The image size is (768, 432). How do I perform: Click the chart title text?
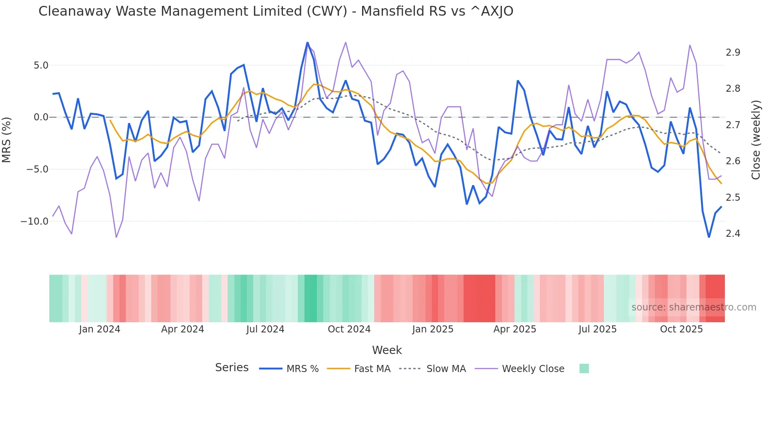click(275, 11)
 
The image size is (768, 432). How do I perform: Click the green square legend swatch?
click(584, 368)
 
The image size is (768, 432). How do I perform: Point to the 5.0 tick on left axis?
click(41, 65)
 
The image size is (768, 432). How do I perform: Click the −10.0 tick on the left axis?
click(34, 221)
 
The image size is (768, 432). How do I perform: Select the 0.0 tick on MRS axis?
click(41, 117)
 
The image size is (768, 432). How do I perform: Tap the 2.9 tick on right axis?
click(733, 53)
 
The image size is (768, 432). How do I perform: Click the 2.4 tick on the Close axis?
click(733, 234)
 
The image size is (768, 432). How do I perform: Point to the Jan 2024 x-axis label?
click(100, 329)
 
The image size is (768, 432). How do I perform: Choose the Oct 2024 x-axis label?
click(349, 329)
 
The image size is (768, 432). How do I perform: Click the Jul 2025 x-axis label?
click(598, 329)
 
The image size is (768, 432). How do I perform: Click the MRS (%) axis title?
click(7, 140)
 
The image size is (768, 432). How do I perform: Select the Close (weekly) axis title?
click(756, 140)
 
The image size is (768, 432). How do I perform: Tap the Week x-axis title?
click(387, 350)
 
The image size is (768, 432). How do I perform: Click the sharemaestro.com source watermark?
click(694, 307)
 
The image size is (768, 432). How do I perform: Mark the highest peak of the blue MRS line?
click(308, 42)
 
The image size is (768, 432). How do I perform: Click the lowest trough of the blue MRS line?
click(709, 237)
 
